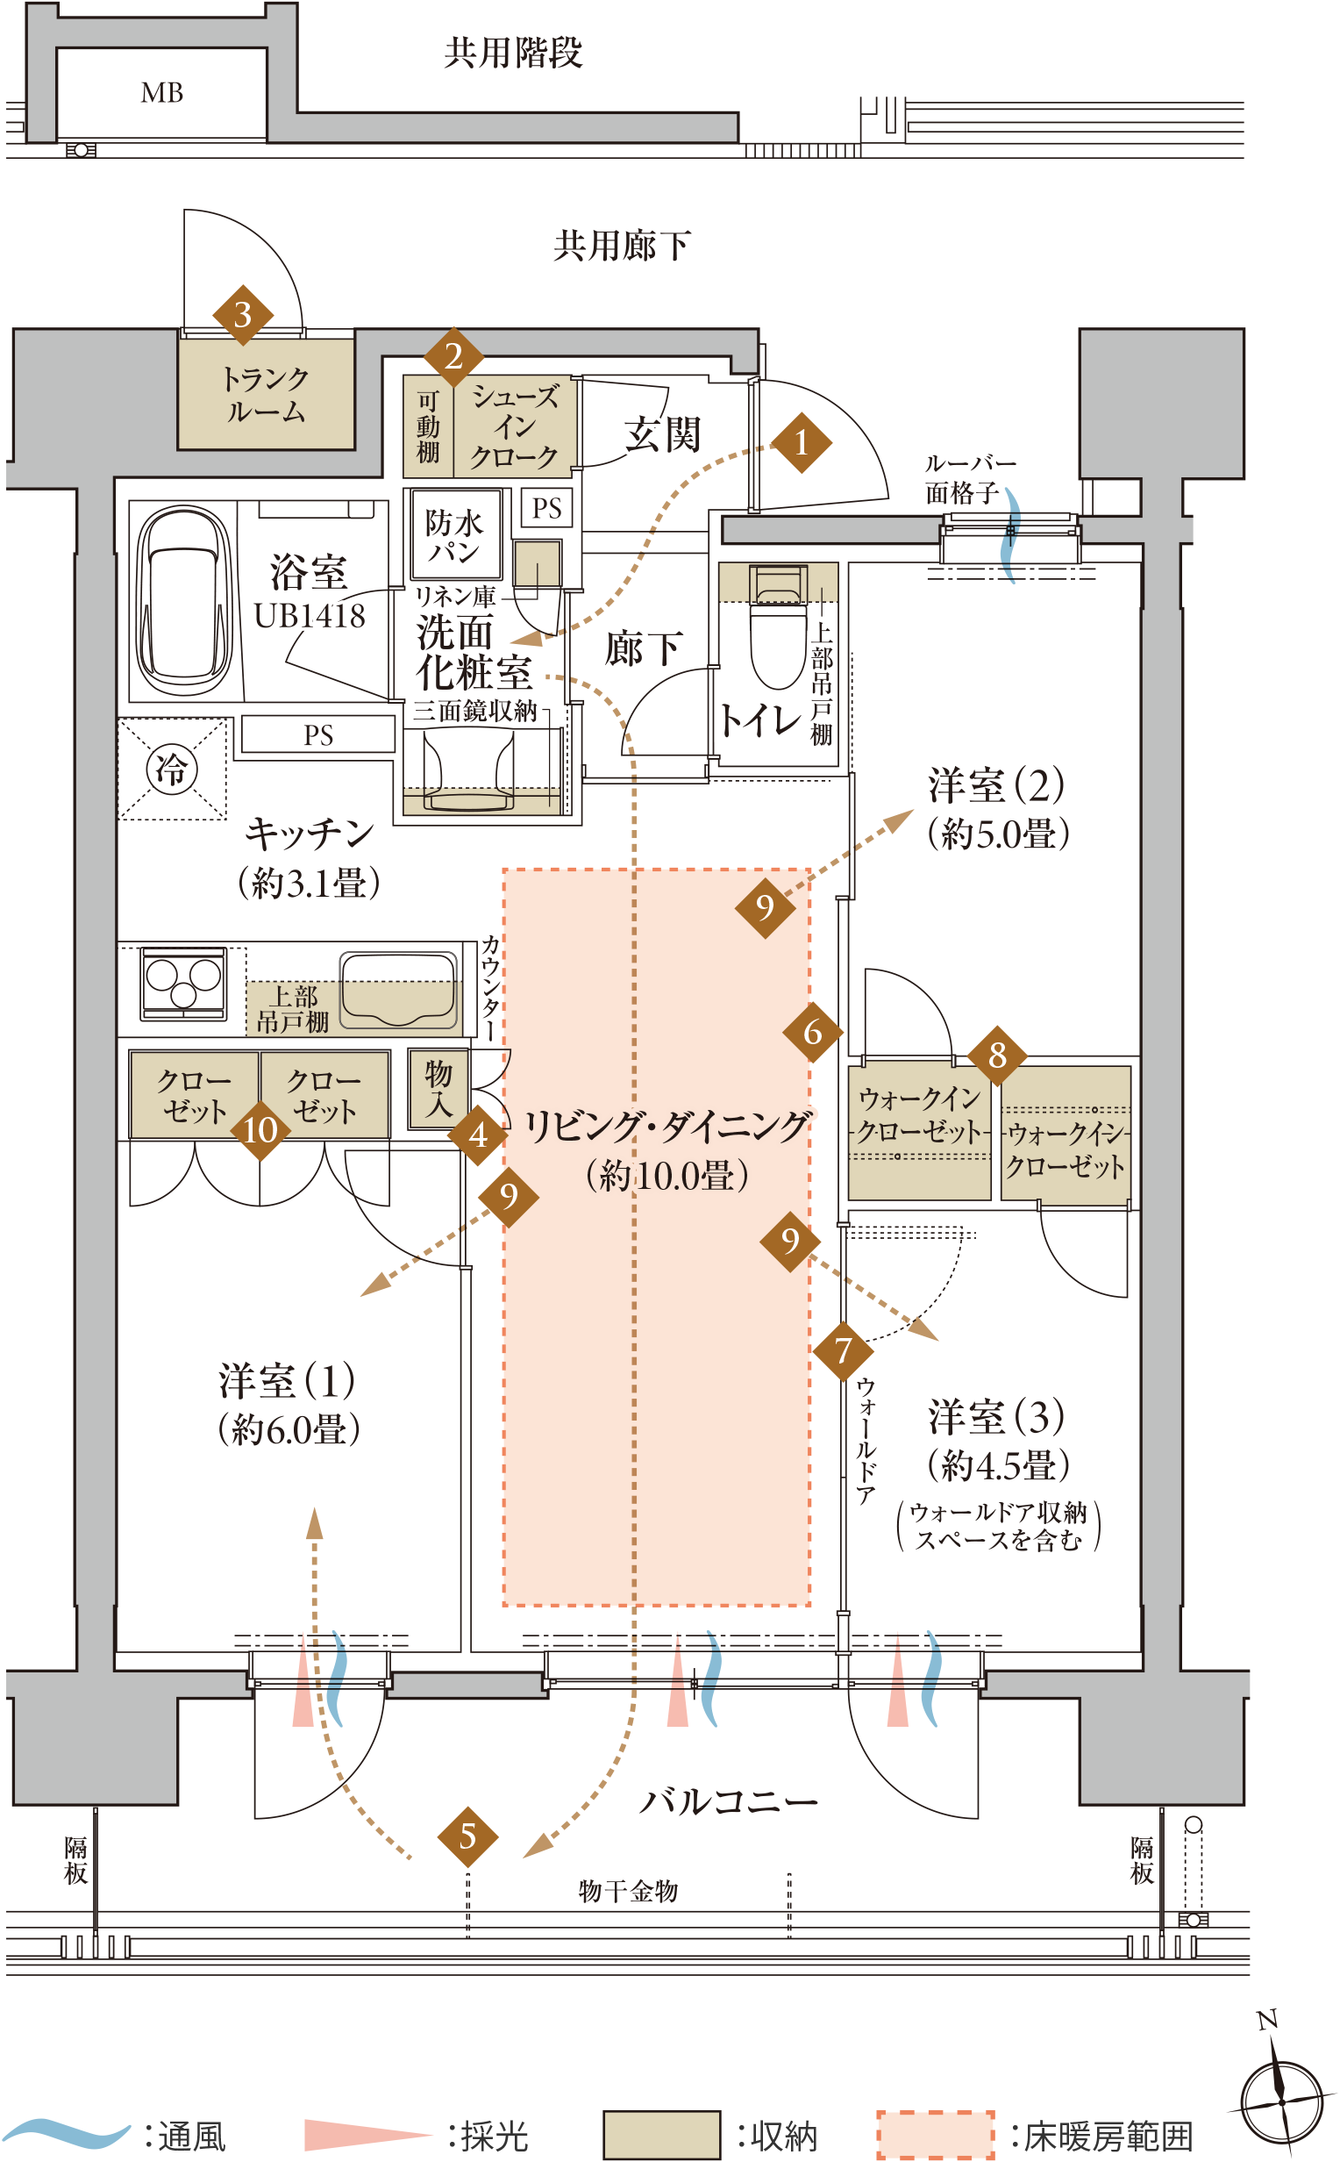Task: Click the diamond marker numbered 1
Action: pos(802,441)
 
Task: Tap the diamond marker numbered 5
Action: pos(468,1836)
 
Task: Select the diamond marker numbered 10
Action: pos(260,1130)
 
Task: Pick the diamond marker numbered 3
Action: pos(243,315)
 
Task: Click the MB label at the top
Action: pos(162,92)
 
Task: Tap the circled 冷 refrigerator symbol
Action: pos(172,769)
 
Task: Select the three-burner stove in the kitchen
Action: pos(183,983)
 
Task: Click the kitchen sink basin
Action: pos(398,988)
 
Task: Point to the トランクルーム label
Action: pos(266,395)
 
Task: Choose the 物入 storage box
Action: pos(438,1089)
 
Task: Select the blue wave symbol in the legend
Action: pos(66,2133)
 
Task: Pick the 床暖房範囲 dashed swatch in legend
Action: pos(936,2135)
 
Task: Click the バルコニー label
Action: pos(728,1801)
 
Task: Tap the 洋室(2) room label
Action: pos(997,785)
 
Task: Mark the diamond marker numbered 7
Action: pos(843,1350)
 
